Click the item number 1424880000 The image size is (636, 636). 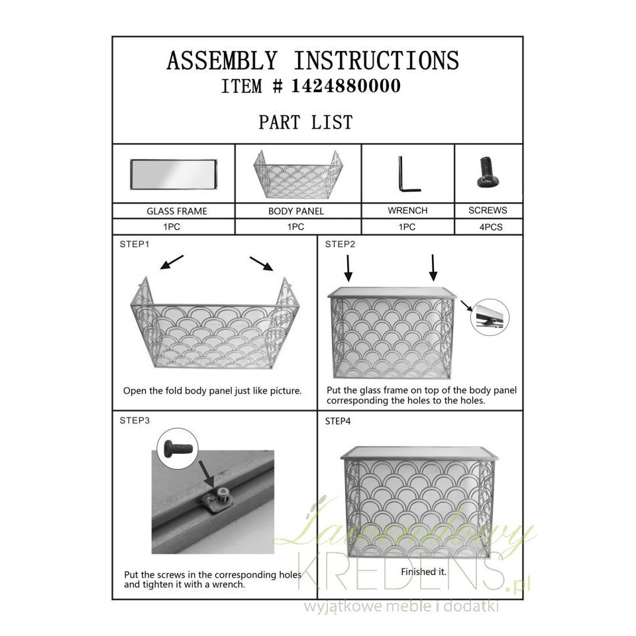click(x=346, y=85)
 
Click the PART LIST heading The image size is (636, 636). click(x=306, y=122)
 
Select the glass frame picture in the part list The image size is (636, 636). click(x=174, y=174)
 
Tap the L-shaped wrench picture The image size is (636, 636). click(x=409, y=174)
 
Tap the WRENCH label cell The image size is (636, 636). click(x=407, y=211)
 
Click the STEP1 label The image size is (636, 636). click(x=134, y=244)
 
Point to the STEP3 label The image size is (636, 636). click(x=134, y=421)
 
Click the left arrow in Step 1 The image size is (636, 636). click(x=172, y=262)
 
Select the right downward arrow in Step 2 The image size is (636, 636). click(x=433, y=268)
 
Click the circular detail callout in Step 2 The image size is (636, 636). click(x=490, y=317)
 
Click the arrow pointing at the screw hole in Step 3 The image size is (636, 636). click(x=207, y=474)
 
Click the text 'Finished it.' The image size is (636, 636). click(x=423, y=572)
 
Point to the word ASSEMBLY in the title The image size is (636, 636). click(x=222, y=61)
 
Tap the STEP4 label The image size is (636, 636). click(x=338, y=421)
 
